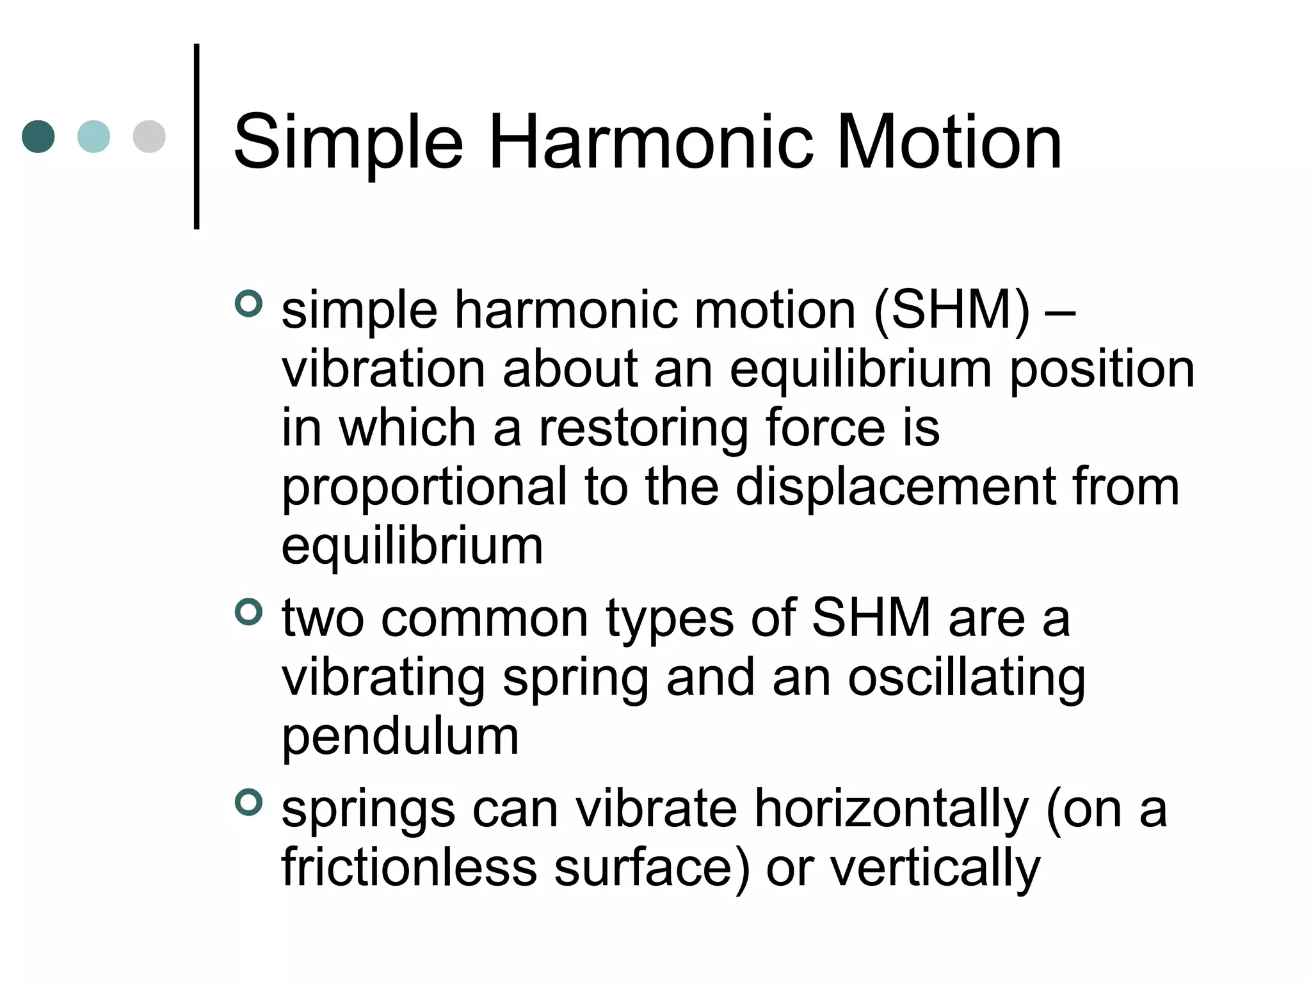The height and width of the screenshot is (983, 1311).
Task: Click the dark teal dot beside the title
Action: [38, 136]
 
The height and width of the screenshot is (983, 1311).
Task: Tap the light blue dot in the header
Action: [93, 136]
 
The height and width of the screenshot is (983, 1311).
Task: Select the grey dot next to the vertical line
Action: [149, 136]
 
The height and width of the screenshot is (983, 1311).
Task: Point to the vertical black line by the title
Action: [197, 136]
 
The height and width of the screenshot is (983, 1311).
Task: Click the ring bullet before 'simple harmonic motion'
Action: [248, 303]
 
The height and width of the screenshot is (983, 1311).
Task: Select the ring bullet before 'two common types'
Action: [248, 612]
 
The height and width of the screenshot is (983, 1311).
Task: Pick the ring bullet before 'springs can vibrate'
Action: [248, 803]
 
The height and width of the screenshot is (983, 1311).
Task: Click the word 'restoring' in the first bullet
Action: [643, 429]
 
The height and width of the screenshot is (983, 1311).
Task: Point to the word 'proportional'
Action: [424, 488]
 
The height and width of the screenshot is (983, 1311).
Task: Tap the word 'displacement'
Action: [896, 488]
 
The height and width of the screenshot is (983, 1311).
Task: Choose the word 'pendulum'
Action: [400, 737]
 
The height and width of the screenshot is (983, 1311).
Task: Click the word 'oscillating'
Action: [967, 678]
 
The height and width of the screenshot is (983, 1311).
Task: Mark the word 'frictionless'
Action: [410, 868]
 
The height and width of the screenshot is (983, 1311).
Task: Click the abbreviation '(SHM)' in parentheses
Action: [952, 311]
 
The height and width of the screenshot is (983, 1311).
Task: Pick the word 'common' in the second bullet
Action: [485, 619]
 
